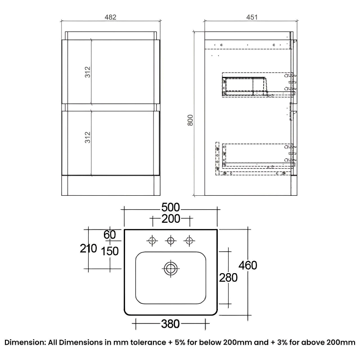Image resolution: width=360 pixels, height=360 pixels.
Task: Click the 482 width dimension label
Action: point(111,18)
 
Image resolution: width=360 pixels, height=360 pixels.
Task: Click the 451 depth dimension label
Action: point(252,18)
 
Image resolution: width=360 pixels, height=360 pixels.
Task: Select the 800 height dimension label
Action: point(190,121)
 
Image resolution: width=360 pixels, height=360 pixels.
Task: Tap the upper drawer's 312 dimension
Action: point(88,72)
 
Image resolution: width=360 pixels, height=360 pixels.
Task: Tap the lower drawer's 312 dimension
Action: point(88,137)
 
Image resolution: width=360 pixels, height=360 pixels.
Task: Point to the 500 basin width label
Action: point(171,207)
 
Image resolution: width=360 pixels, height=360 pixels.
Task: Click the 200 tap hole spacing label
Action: point(171,219)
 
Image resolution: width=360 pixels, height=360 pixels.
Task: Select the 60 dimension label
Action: point(109,235)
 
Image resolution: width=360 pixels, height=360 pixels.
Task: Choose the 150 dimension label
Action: point(110,251)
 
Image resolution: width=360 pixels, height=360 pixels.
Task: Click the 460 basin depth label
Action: point(248,265)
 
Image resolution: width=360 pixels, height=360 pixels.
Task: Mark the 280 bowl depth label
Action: point(228,278)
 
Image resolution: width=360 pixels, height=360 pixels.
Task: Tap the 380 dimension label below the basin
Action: point(170,324)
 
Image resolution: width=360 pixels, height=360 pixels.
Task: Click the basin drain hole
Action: point(170,269)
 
